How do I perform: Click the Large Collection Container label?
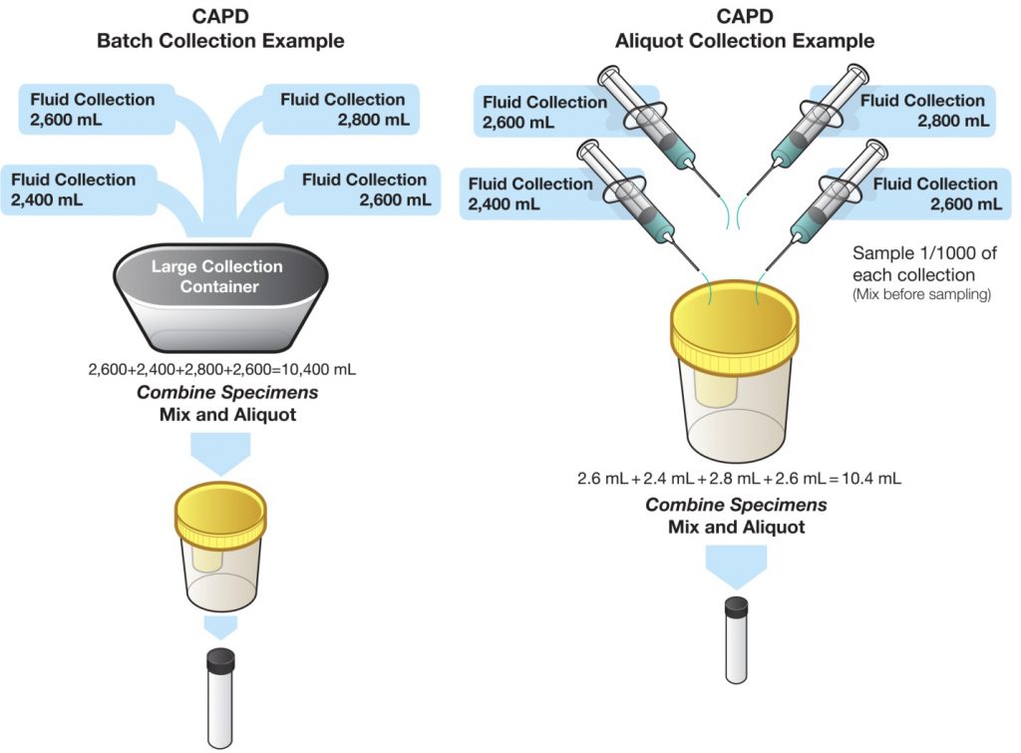(x=216, y=276)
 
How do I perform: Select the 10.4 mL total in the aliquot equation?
(x=871, y=479)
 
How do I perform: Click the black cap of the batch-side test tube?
(x=220, y=660)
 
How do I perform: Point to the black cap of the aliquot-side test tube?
(x=737, y=607)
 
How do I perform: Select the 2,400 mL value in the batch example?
(x=47, y=200)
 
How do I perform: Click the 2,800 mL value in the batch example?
(x=374, y=120)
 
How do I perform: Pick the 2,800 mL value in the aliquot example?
(x=953, y=121)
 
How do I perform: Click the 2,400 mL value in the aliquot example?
(x=504, y=204)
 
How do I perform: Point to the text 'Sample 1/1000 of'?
(x=924, y=252)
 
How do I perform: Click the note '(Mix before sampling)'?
(x=922, y=294)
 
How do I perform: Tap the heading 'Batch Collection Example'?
(x=220, y=41)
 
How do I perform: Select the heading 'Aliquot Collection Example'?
(x=745, y=41)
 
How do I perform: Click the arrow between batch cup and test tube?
(x=220, y=628)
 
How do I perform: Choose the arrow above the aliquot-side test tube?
(x=737, y=567)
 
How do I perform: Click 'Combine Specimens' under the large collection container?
(x=227, y=393)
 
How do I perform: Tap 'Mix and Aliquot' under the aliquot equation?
(x=737, y=527)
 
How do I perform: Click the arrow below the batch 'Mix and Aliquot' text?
(x=220, y=454)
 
